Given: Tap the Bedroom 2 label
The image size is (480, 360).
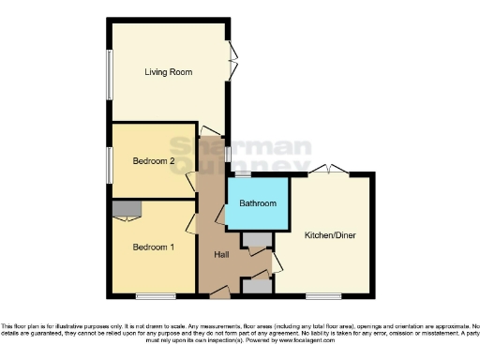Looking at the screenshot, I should tap(153, 161).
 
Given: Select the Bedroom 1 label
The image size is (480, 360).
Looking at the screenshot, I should tap(153, 247).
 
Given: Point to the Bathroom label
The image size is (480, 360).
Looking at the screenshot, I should tap(258, 203).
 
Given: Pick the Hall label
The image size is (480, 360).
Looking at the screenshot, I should tap(222, 254).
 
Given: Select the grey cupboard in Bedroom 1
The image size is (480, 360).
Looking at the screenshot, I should tap(126, 208).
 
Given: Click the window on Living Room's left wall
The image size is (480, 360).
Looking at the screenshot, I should tap(110, 72).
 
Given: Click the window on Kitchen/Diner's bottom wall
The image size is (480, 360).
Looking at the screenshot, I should tap(322, 296).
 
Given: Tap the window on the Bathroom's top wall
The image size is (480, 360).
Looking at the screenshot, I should tap(242, 174).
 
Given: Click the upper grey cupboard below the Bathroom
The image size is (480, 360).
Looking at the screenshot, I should tap(255, 240).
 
